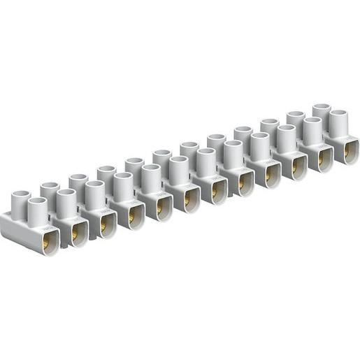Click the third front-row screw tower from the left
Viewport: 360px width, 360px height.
coord(95,192)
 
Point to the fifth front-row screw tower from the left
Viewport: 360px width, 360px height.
coord(150,175)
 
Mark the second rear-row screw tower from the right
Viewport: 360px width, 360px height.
coord(296,120)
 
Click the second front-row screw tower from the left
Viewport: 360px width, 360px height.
coord(66,200)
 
